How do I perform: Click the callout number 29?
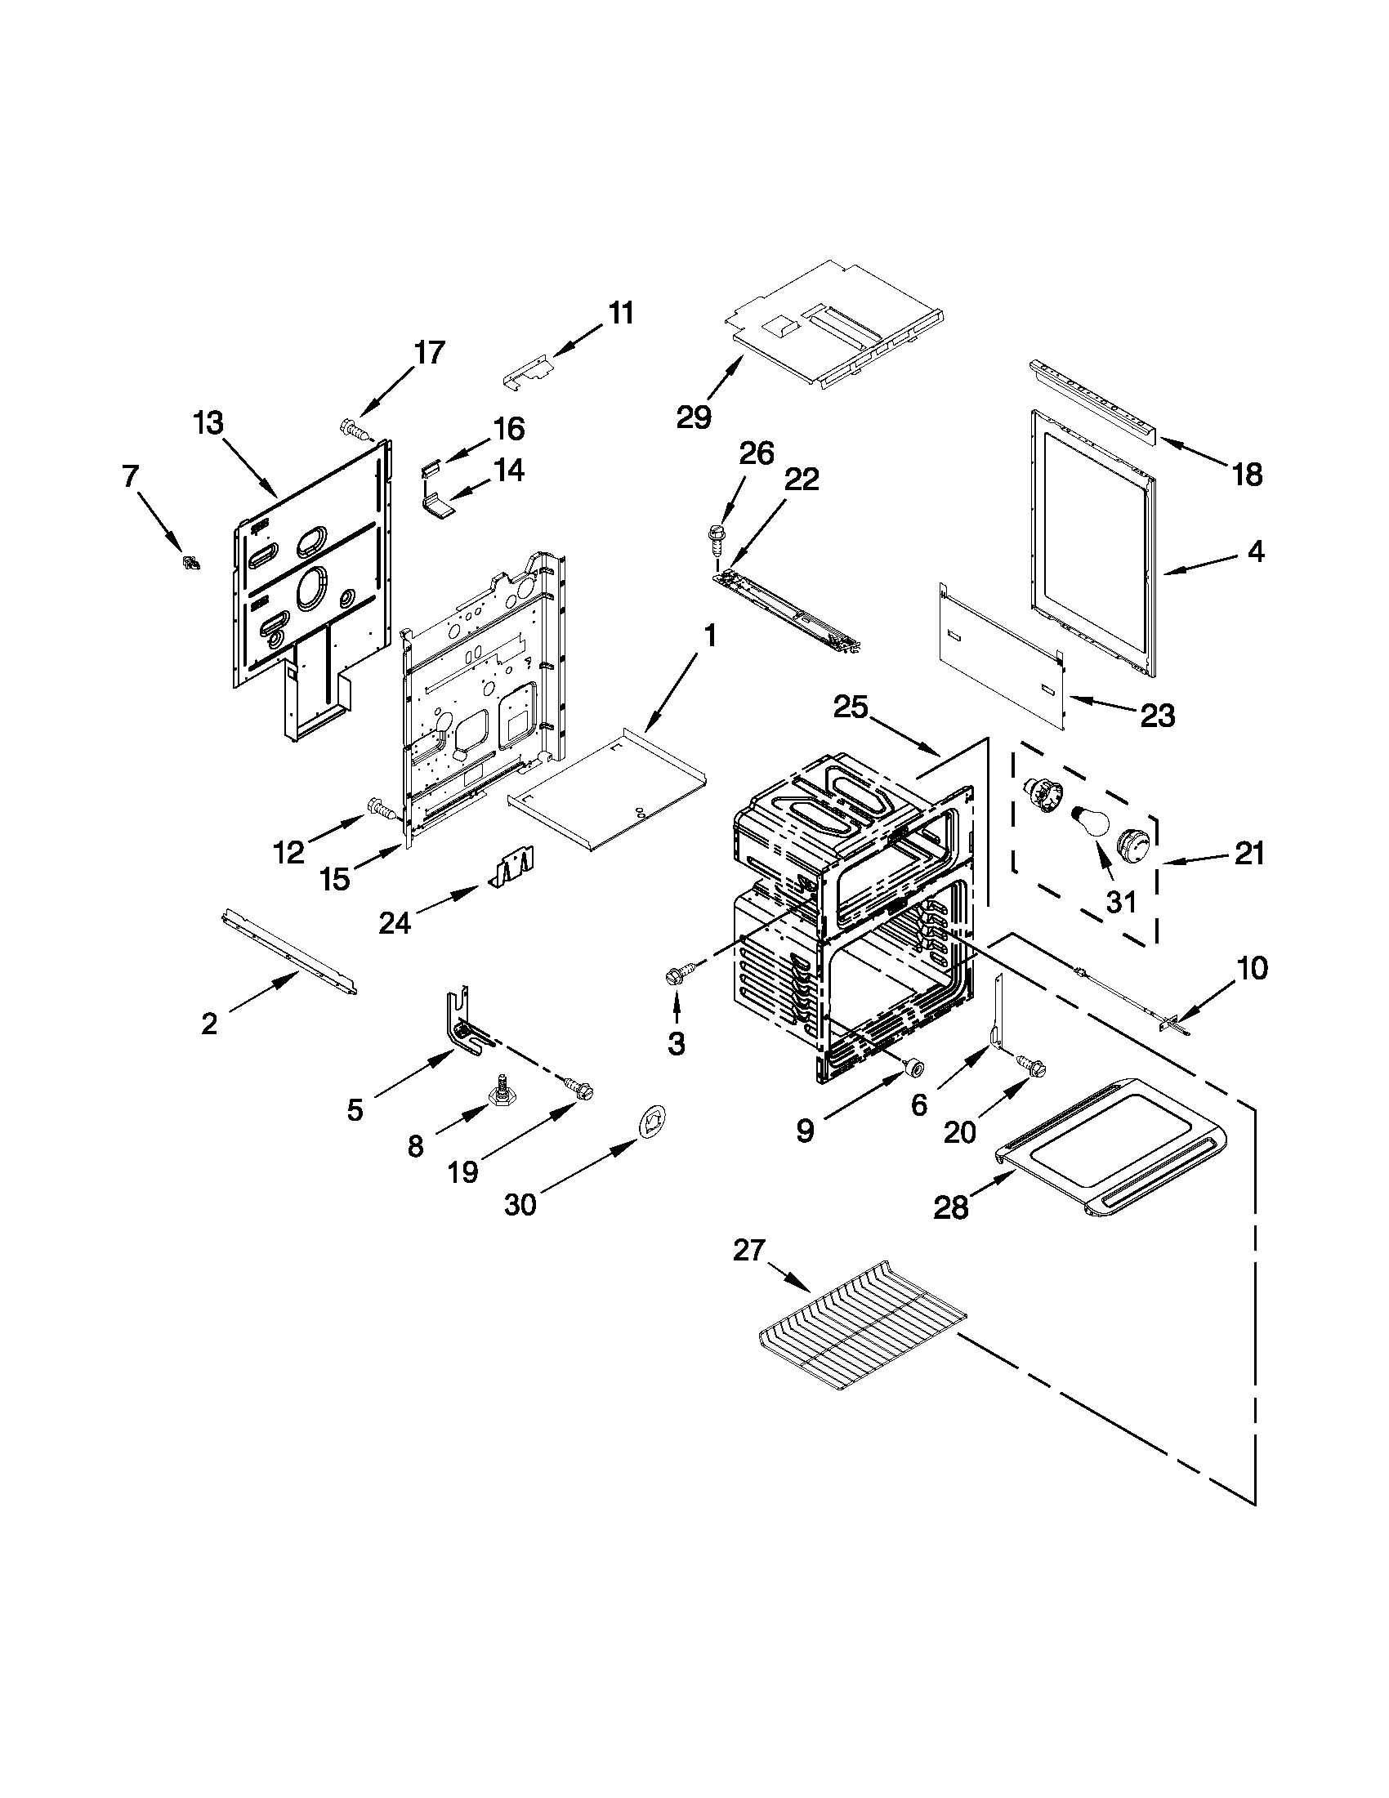tap(693, 417)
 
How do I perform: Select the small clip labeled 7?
tap(191, 563)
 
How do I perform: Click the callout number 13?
tap(208, 424)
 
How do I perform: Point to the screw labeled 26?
tap(716, 533)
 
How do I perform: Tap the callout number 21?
tap(1248, 854)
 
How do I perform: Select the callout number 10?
tap(1252, 969)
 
